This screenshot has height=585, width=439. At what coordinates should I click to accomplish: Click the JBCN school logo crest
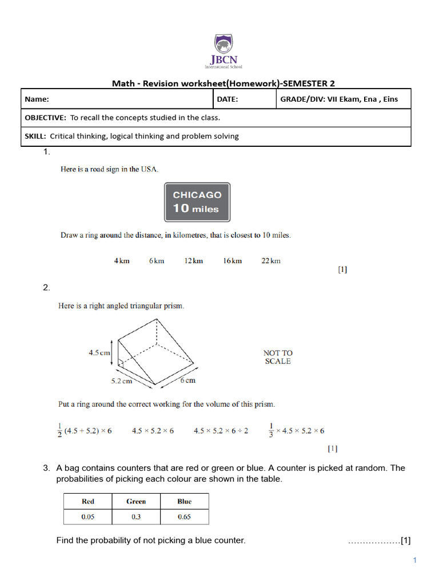224,44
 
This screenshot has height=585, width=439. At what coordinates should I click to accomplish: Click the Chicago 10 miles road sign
197,202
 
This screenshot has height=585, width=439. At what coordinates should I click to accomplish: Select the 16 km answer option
232,261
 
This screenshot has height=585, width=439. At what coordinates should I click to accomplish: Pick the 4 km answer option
122,261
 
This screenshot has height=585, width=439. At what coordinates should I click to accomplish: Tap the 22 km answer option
271,261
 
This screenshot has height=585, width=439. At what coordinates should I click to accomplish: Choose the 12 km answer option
193,261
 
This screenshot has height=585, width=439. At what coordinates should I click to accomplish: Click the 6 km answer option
157,261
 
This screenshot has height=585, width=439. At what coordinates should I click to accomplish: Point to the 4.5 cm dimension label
99,352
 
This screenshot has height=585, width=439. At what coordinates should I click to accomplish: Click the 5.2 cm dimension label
121,380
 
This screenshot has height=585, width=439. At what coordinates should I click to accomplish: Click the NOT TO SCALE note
278,357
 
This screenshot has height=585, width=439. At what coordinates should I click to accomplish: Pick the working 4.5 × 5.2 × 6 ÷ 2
221,431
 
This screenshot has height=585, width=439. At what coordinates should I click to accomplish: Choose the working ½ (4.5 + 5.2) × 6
85,430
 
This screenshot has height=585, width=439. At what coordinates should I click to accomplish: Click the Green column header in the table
136,502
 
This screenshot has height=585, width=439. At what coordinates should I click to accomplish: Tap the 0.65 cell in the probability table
184,516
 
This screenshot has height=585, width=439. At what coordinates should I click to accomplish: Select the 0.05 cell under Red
88,516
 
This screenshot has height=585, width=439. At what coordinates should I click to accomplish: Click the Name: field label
37,99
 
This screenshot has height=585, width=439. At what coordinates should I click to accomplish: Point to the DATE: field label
227,99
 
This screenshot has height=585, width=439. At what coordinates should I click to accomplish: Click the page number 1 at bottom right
415,560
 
